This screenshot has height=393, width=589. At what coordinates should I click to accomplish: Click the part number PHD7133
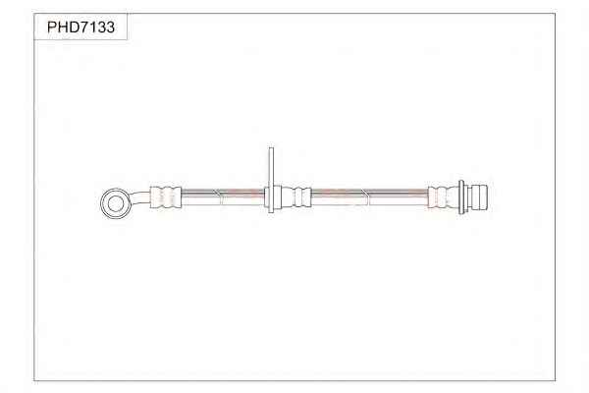point(80,28)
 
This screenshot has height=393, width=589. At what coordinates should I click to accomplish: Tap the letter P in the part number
point(52,28)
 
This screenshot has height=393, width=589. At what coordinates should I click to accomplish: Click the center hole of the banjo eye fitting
point(115,203)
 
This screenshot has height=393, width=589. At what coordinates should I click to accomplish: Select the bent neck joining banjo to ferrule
point(139,197)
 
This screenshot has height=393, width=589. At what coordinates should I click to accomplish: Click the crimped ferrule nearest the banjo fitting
point(166,196)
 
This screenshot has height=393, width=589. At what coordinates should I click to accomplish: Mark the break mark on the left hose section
point(218,196)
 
